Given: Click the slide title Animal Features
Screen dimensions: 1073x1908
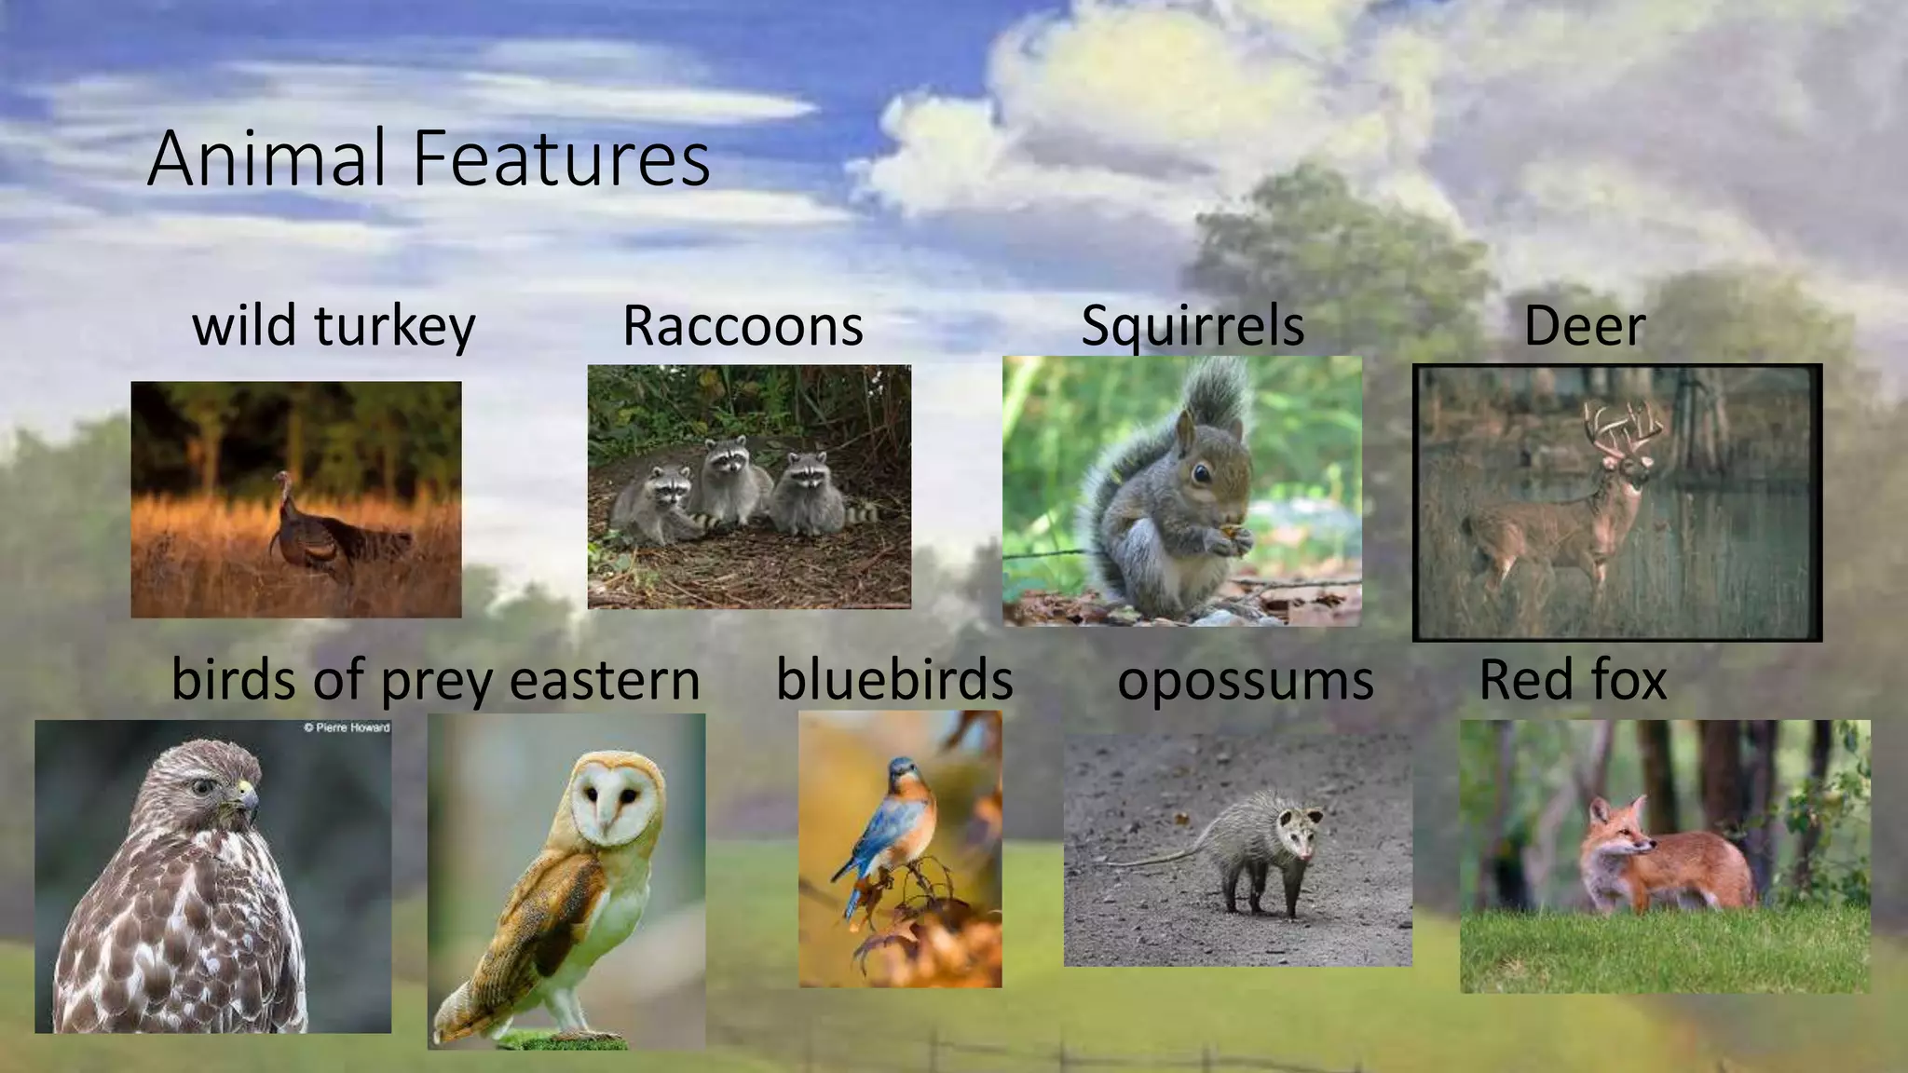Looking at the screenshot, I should (x=429, y=158).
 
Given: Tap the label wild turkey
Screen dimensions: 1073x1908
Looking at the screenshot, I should (x=334, y=326).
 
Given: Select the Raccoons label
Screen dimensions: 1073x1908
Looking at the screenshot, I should (x=743, y=326).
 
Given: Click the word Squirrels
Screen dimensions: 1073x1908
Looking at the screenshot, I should (x=1192, y=326).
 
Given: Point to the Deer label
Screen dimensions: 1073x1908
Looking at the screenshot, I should (x=1585, y=326).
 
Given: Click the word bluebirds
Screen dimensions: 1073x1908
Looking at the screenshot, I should (x=894, y=679).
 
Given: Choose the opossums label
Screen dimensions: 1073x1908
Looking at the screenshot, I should (x=1246, y=680).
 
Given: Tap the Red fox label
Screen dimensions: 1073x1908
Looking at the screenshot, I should (x=1573, y=679).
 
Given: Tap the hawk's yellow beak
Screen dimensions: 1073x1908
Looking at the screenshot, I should (x=248, y=796).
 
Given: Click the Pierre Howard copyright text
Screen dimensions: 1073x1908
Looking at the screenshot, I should (x=347, y=727).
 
